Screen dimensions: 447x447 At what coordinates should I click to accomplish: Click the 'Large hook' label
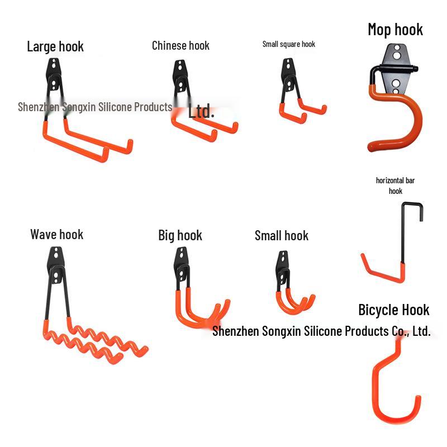(55, 46)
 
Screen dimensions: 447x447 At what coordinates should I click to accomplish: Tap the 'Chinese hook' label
(180, 46)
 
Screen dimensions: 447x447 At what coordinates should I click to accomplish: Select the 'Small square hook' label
(288, 44)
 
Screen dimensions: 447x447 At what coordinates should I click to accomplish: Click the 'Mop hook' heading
(395, 30)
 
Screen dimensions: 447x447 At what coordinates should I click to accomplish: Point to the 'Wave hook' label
(56, 234)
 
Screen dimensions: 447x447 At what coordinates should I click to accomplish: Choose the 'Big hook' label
(180, 235)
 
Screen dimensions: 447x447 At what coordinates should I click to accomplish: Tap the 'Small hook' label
(281, 235)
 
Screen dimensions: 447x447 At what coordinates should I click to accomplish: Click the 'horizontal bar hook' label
(395, 186)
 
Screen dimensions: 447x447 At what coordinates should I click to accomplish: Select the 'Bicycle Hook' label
(393, 310)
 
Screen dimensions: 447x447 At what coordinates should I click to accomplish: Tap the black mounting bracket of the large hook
(54, 78)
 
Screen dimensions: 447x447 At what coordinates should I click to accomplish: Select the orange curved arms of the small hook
(293, 302)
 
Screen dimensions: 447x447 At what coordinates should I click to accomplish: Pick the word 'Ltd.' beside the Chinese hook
(201, 111)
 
